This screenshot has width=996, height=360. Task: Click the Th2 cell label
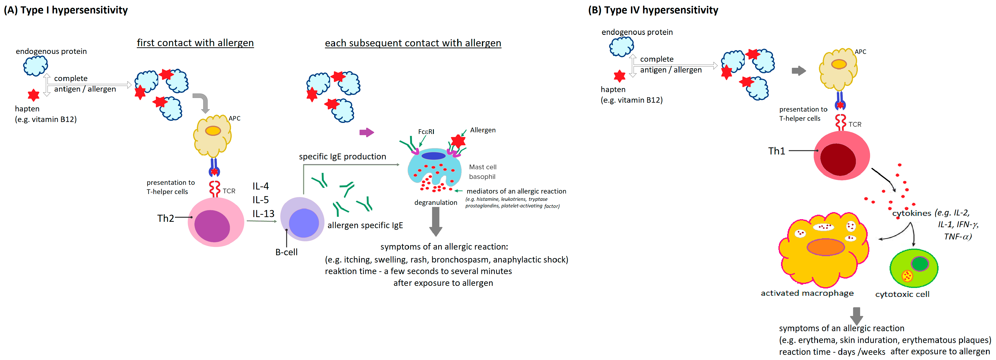pos(166,218)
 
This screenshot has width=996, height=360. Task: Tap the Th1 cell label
pos(776,151)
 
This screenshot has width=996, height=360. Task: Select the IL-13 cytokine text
pos(263,214)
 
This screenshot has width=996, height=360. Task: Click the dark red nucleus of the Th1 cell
pos(838,159)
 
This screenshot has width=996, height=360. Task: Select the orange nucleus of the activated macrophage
pos(826,247)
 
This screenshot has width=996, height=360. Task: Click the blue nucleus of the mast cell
pos(433,156)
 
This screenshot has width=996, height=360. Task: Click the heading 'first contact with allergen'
pos(195,43)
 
